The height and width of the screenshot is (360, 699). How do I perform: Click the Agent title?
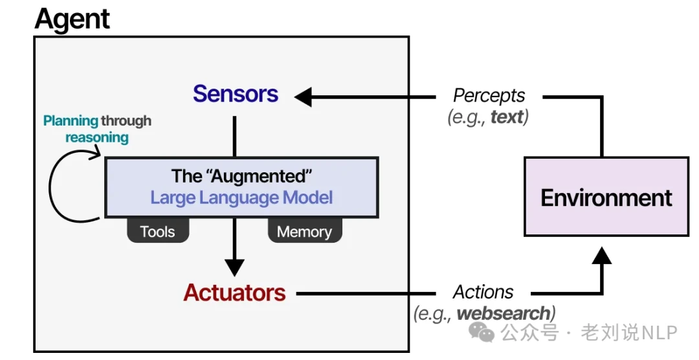click(x=72, y=19)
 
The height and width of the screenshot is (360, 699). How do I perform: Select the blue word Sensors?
click(x=236, y=94)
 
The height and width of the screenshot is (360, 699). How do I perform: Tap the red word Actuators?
click(x=234, y=293)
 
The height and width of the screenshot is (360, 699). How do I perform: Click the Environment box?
click(x=606, y=197)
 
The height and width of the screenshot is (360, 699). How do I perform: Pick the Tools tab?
click(x=158, y=232)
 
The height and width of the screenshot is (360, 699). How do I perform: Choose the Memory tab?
click(x=304, y=232)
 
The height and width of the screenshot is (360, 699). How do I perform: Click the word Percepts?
click(x=489, y=95)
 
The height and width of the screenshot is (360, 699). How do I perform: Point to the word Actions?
click(x=483, y=292)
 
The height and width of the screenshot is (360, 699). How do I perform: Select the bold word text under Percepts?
click(x=507, y=118)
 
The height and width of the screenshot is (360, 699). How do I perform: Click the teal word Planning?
click(x=71, y=121)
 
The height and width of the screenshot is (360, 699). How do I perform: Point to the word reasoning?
click(x=97, y=137)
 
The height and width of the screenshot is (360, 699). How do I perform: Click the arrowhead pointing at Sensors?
click(x=303, y=97)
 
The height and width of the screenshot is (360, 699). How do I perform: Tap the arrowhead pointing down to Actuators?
click(x=234, y=267)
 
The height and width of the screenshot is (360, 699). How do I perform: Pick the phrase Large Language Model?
click(x=241, y=197)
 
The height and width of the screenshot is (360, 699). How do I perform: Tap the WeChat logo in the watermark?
click(x=482, y=332)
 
